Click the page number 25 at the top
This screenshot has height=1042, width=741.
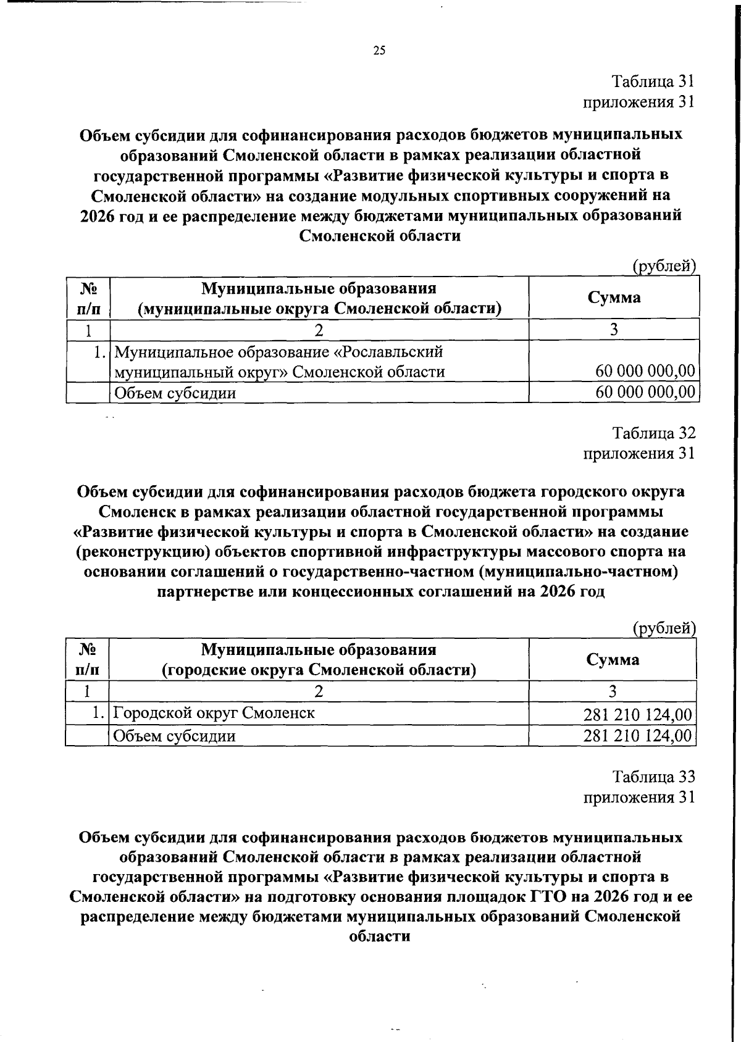tap(379, 51)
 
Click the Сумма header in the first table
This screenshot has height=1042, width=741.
tap(614, 298)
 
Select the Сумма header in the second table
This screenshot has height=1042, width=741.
tap(613, 659)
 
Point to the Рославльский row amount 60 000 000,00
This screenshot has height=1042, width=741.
tap(645, 371)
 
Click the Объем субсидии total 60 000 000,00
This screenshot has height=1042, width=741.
tap(645, 392)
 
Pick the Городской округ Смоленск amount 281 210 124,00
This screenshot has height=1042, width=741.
tap(638, 715)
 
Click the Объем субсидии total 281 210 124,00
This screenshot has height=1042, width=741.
tap(638, 736)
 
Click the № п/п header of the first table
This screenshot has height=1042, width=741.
tap(88, 298)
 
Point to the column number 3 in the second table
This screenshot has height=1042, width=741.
tap(613, 691)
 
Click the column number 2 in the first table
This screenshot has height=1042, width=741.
tap(319, 330)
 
